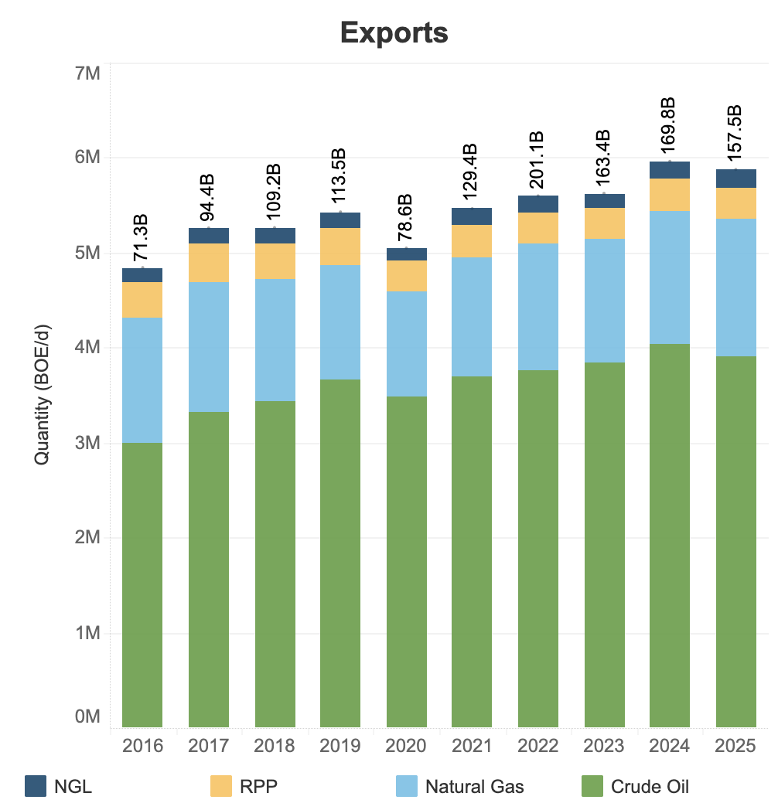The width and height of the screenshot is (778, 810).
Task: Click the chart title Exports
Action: click(x=394, y=33)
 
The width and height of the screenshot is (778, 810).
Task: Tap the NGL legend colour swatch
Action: click(x=36, y=786)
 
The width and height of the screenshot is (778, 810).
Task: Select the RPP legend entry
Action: click(x=244, y=786)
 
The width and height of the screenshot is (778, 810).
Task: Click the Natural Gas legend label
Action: click(x=475, y=787)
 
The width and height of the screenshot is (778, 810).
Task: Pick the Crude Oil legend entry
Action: click(x=636, y=786)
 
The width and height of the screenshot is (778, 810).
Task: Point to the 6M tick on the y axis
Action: click(x=87, y=157)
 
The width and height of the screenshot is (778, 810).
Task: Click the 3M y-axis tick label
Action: click(x=87, y=443)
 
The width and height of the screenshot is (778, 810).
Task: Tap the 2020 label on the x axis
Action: click(x=406, y=746)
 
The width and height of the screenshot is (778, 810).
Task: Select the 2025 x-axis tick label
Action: click(x=735, y=746)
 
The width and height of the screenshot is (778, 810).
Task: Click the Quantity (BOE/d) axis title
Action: click(x=42, y=395)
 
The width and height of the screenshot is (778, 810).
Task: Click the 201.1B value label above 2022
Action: click(x=537, y=160)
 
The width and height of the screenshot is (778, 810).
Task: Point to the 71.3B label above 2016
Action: click(x=141, y=238)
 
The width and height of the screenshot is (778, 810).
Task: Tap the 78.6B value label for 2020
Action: click(x=406, y=218)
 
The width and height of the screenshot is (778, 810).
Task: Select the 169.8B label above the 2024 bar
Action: click(x=668, y=125)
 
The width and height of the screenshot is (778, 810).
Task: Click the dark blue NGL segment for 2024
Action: click(x=670, y=170)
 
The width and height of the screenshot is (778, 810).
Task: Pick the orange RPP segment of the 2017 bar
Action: click(x=208, y=263)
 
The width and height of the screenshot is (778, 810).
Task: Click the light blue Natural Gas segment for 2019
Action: click(x=340, y=322)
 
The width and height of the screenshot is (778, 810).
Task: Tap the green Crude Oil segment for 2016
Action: click(x=142, y=585)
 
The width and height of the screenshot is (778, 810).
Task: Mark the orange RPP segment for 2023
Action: click(x=604, y=223)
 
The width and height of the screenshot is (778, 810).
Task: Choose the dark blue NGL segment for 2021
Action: click(x=472, y=216)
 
